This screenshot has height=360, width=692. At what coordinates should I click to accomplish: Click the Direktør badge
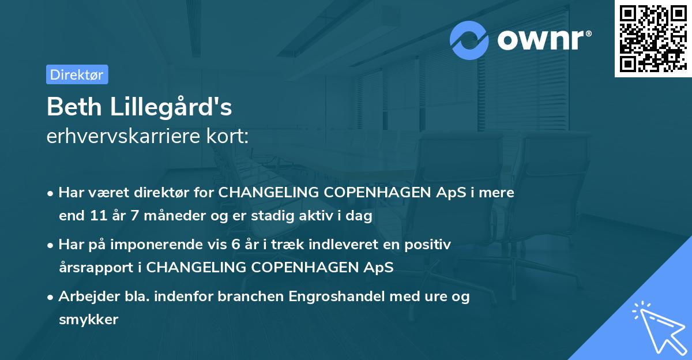(77, 74)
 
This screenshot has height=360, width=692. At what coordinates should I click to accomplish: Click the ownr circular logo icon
(469, 40)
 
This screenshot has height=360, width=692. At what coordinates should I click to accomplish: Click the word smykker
(88, 320)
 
